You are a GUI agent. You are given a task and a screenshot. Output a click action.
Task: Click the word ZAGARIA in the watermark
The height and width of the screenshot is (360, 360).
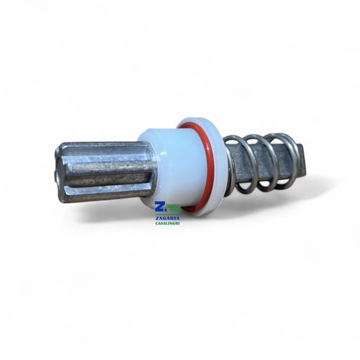(x=167, y=218)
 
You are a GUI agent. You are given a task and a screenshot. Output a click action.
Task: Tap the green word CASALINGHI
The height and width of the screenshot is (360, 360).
(x=167, y=223)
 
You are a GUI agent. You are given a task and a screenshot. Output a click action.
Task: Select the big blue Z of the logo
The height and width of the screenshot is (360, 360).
(x=159, y=207)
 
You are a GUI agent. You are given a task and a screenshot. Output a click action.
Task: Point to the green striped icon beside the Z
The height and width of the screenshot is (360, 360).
(x=174, y=208)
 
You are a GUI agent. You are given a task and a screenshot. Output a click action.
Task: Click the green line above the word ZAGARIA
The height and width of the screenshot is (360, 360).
(x=167, y=214)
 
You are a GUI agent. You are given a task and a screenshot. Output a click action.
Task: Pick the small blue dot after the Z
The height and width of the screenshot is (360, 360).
(x=165, y=211)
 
